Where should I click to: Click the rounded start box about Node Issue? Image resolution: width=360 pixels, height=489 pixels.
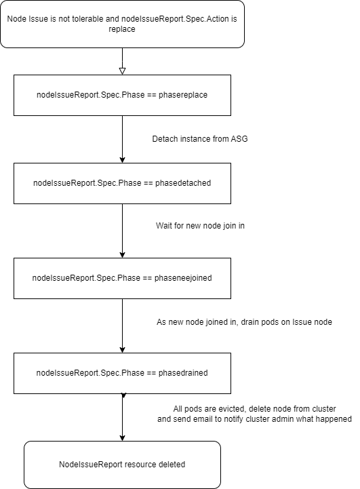point(122,24)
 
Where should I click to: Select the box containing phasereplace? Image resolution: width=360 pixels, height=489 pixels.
point(122,95)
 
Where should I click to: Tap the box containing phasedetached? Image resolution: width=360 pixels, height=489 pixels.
point(122,183)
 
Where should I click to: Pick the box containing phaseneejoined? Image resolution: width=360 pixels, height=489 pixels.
point(122,278)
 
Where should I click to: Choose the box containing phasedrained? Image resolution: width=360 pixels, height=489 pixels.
point(122,372)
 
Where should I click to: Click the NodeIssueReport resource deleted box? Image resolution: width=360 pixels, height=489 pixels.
point(122,465)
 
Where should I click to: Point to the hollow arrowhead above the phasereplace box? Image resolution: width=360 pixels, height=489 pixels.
point(122,71)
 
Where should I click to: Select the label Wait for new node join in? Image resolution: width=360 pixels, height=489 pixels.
point(200,224)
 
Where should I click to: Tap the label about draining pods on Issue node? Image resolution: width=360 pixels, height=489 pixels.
point(244,321)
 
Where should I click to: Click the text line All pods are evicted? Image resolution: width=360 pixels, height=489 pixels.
point(255,409)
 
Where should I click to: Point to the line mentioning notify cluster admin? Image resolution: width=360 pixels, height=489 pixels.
point(255,419)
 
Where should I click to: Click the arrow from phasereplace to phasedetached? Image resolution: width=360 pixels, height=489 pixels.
point(122,139)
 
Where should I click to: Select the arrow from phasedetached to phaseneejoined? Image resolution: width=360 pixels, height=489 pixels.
point(122,231)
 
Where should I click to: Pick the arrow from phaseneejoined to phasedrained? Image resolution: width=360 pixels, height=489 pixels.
point(122,326)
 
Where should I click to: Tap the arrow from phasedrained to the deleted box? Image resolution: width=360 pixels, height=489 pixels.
point(122,417)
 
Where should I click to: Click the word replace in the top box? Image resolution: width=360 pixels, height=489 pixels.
point(122,31)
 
